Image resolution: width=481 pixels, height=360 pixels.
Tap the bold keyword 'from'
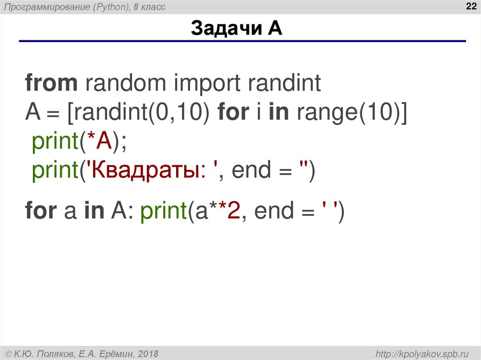tap(51, 84)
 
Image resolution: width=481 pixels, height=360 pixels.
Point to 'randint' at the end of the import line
tap(284, 84)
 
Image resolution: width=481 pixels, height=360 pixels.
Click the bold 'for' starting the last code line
tap(41, 211)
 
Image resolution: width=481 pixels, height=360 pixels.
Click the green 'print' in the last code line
tap(163, 211)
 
